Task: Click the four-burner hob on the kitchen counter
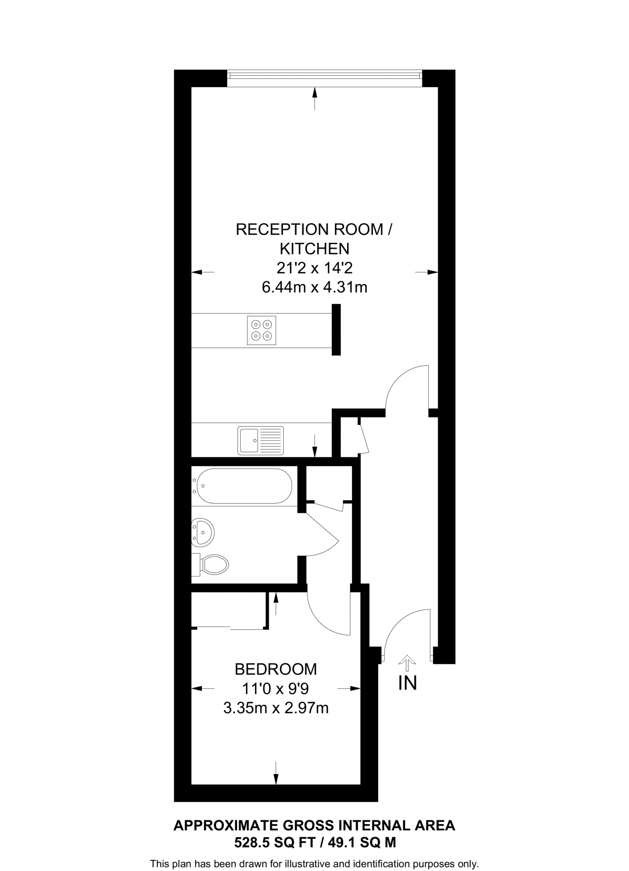[261, 330]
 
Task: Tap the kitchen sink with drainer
[260, 440]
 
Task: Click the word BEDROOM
[276, 669]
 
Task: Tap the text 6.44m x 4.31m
[314, 287]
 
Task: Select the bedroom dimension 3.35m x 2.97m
[276, 708]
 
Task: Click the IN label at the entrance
[407, 683]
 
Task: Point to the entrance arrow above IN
[407, 660]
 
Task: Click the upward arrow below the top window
[315, 98]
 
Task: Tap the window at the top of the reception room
[324, 76]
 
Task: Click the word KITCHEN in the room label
[314, 248]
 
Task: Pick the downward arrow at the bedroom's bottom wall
[276, 773]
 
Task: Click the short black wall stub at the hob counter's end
[336, 330]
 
